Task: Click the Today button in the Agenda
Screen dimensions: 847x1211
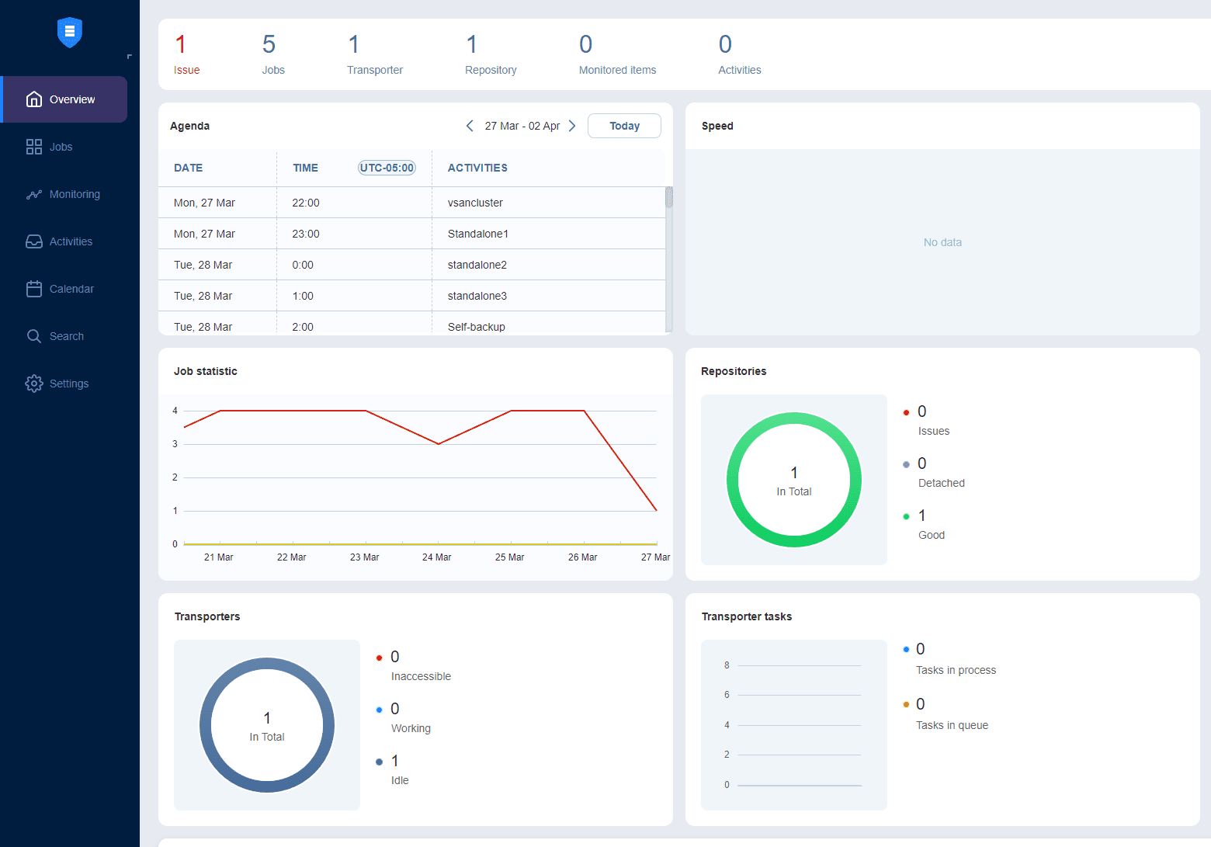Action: point(624,126)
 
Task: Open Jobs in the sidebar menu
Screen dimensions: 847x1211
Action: point(61,147)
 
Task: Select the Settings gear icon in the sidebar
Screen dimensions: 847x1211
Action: point(34,384)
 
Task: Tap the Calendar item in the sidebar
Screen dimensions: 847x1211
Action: point(71,289)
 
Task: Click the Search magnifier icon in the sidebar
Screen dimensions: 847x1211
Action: point(34,336)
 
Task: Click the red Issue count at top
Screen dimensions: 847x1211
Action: point(181,45)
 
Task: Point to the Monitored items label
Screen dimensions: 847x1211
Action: point(617,70)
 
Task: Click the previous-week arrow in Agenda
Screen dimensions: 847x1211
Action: point(470,126)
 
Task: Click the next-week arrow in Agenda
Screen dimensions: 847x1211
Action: point(572,126)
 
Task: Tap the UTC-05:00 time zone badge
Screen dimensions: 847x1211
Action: point(387,168)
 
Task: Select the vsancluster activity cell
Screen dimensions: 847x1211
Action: point(475,203)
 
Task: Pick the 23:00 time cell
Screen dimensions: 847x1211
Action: point(306,234)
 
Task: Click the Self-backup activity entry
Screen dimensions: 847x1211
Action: point(477,327)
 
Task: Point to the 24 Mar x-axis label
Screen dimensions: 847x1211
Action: point(436,557)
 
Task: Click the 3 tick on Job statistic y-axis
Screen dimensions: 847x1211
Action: point(175,444)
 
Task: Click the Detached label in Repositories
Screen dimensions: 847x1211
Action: point(941,483)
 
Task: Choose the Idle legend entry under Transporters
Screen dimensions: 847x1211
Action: point(400,780)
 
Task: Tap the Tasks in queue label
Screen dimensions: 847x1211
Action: point(952,725)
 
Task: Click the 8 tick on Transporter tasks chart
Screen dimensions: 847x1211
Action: point(727,665)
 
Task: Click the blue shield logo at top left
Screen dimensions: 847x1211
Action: point(70,33)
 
